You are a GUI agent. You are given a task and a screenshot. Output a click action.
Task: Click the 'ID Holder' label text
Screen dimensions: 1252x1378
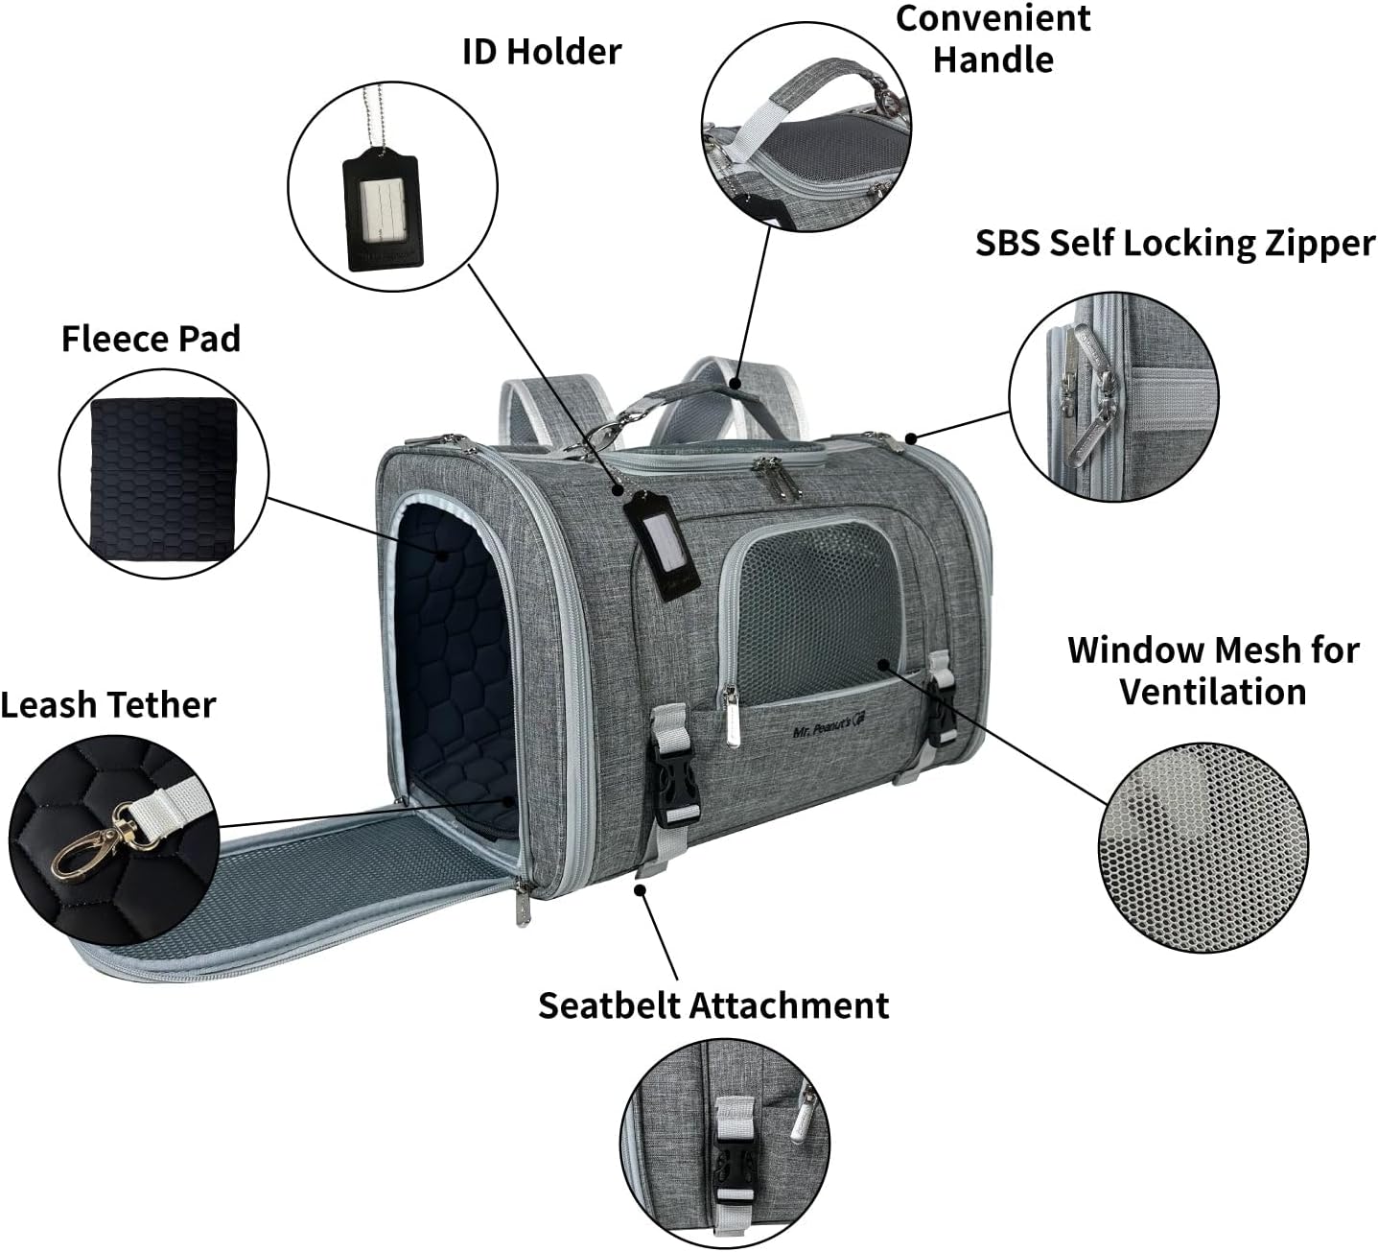[542, 52]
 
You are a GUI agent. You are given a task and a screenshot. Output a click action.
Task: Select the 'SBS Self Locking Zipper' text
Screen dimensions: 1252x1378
[1175, 244]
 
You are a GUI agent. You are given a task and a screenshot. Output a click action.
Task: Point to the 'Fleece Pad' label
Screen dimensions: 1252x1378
[151, 339]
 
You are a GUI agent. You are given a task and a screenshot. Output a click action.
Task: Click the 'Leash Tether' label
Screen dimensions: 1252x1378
[107, 705]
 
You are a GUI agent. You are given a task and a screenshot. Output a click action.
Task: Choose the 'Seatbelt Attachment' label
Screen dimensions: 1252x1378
[713, 1005]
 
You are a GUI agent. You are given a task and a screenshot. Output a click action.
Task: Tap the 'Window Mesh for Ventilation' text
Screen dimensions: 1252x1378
[1213, 671]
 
